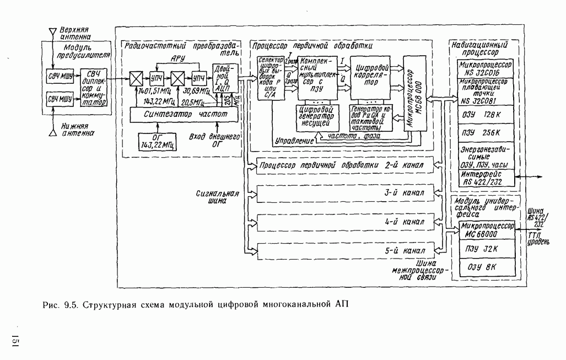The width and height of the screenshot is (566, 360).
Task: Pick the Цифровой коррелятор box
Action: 372,76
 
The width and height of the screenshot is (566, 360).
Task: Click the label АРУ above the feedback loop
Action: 177,57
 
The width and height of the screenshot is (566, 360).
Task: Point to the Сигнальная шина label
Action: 217,198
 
